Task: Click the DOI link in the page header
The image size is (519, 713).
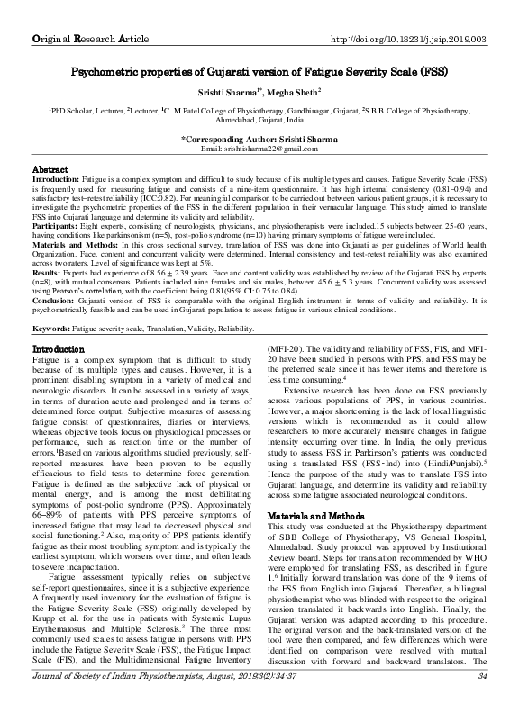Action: [x=409, y=14]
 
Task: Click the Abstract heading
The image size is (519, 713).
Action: [x=50, y=168]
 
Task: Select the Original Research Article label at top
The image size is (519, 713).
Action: [x=85, y=14]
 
